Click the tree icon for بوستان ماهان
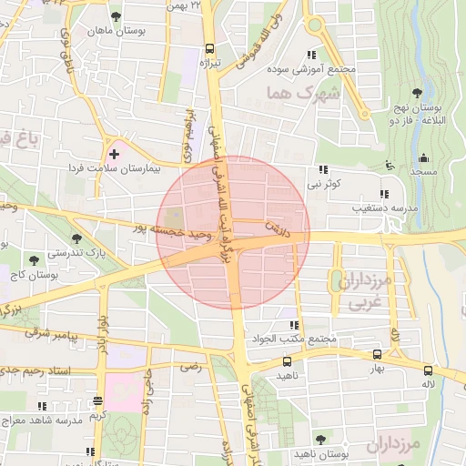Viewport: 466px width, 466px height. [116, 16]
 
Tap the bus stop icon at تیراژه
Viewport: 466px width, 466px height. [210, 49]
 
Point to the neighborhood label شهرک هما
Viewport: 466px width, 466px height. [302, 93]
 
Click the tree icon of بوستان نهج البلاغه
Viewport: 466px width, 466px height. [417, 93]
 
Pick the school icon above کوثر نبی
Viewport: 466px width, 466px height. [323, 169]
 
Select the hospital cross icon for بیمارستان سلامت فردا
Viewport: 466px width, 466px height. [114, 155]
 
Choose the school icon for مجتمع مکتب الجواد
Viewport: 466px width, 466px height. [293, 325]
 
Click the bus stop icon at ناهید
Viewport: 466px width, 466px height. [288, 361]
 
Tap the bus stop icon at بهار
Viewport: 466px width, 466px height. [378, 355]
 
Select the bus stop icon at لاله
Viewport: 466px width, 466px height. [428, 370]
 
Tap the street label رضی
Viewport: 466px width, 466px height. [191, 367]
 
